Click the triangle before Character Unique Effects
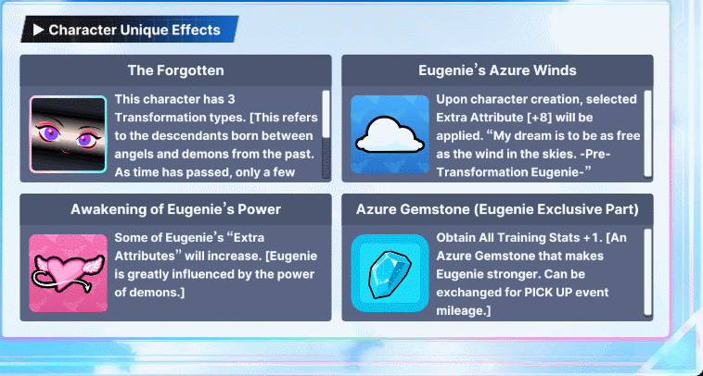(39, 30)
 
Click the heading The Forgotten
(176, 70)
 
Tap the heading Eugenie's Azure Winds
(497, 70)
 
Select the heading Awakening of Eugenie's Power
(176, 209)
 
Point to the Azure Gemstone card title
(497, 209)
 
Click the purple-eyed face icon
(68, 134)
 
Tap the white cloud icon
(390, 134)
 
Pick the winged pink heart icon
(68, 273)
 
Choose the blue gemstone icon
(390, 273)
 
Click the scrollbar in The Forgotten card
(326, 134)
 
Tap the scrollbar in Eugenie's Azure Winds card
(648, 134)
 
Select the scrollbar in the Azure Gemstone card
(648, 273)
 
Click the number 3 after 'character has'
(231, 99)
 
